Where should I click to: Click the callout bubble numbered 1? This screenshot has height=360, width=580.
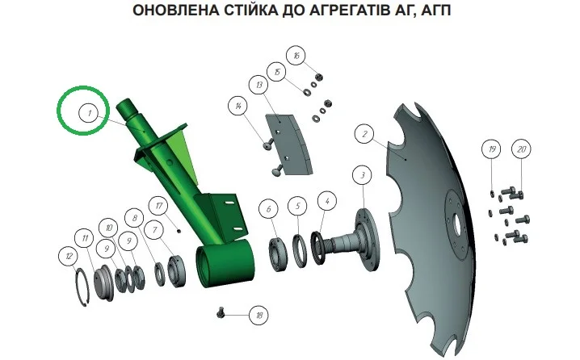[x=89, y=113]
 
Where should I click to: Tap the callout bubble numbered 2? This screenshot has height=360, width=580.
[x=364, y=134]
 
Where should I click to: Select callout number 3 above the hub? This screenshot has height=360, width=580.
[x=362, y=175]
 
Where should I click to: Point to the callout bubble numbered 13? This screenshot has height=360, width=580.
[x=258, y=85]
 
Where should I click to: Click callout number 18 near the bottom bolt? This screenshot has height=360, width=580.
[x=258, y=315]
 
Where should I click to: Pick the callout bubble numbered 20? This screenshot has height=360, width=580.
[x=521, y=149]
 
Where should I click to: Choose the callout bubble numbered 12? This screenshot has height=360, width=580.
[x=69, y=256]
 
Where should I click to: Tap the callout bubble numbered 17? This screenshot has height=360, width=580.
[x=158, y=206]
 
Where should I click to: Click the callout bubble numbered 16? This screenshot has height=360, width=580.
[x=296, y=56]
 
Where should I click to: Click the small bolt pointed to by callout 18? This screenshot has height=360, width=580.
[x=221, y=313]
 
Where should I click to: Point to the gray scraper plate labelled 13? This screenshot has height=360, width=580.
[x=290, y=144]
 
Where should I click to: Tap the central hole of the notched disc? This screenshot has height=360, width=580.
[x=457, y=224]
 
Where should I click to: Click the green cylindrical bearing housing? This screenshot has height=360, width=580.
[x=225, y=263]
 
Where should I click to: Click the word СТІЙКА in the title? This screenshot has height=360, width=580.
[x=250, y=10]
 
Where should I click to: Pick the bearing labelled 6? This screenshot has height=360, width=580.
[x=278, y=254]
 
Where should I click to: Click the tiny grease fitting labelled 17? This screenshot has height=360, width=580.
[x=179, y=231]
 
